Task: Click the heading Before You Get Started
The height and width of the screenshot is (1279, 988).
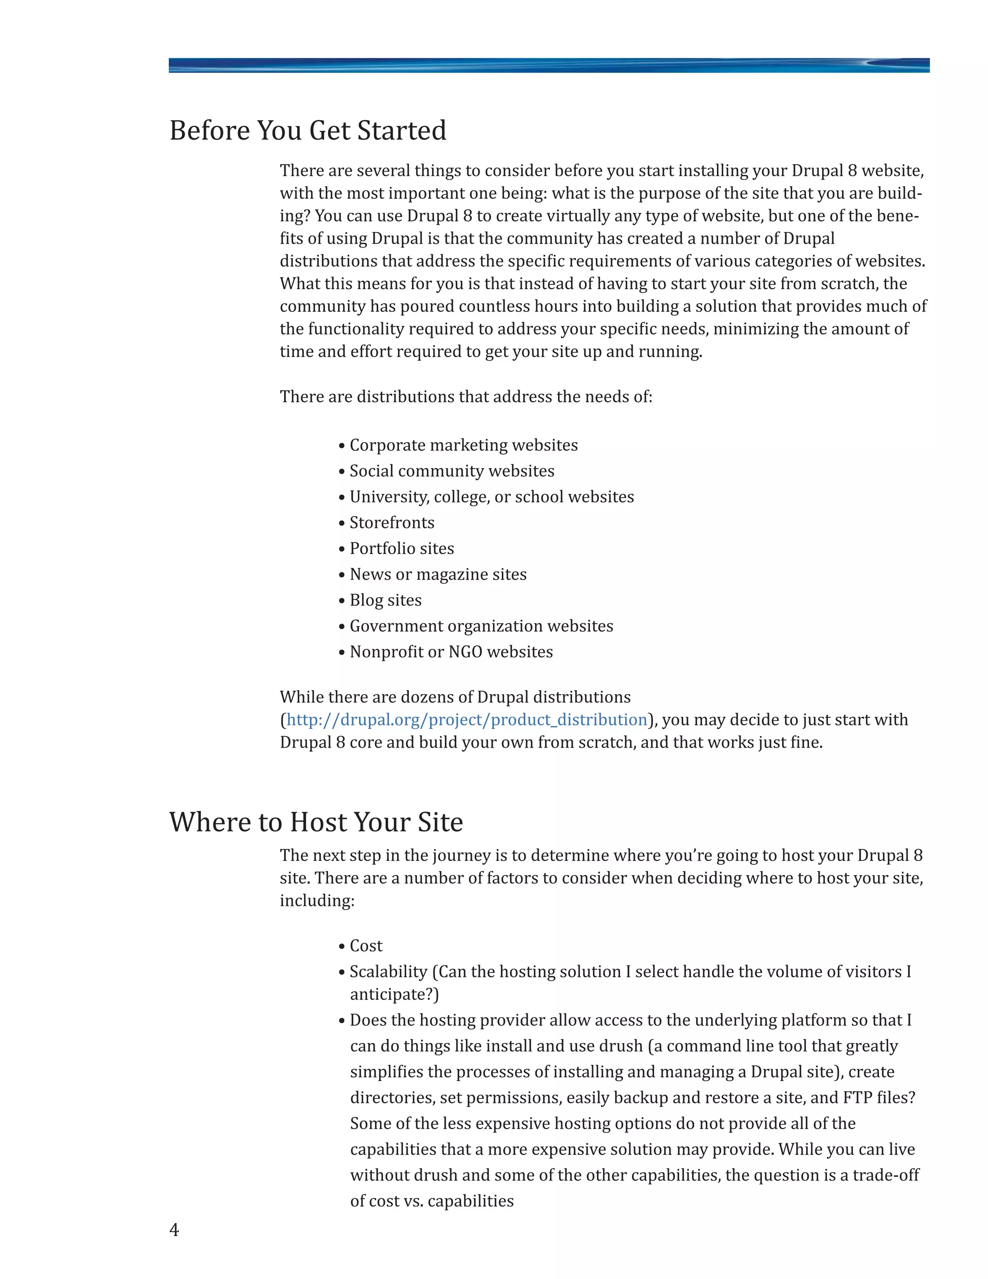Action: tap(307, 131)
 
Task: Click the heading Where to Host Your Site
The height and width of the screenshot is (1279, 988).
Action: tap(316, 822)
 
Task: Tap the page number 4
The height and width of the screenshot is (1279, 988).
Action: tap(174, 1230)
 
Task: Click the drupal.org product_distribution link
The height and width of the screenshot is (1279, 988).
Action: tap(467, 720)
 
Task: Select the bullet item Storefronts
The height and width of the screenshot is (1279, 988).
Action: tap(392, 522)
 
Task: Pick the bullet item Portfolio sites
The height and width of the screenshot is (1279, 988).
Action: tap(401, 548)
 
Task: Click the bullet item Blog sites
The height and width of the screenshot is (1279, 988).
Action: tap(385, 600)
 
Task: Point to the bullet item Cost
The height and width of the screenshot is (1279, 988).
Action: tap(366, 946)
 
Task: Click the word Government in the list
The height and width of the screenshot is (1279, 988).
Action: tap(396, 626)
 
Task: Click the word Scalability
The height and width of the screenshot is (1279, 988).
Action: tap(388, 972)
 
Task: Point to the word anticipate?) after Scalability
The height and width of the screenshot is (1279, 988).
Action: tap(394, 994)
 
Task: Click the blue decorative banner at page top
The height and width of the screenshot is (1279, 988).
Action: tap(549, 65)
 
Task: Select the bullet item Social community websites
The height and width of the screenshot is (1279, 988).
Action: tap(451, 471)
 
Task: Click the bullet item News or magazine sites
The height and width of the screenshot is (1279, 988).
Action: tap(438, 574)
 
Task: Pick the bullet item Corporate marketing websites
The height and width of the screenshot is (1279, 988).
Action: tap(463, 445)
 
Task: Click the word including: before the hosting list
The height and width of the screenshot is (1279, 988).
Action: tap(316, 901)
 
